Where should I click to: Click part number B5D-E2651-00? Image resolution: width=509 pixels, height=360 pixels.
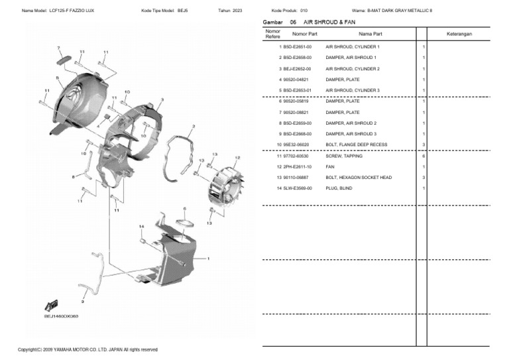point(297,47)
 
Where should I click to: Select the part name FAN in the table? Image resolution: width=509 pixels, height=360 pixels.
point(330,166)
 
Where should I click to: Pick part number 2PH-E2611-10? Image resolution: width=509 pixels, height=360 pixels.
point(297,166)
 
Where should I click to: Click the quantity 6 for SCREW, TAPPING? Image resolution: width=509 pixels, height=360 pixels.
point(423,156)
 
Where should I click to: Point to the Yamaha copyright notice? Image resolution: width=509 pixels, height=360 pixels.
point(87,349)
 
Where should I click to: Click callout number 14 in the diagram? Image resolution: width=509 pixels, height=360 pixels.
point(141,227)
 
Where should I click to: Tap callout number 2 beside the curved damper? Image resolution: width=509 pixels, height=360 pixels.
point(193,125)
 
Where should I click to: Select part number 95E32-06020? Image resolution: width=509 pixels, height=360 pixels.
point(297,145)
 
